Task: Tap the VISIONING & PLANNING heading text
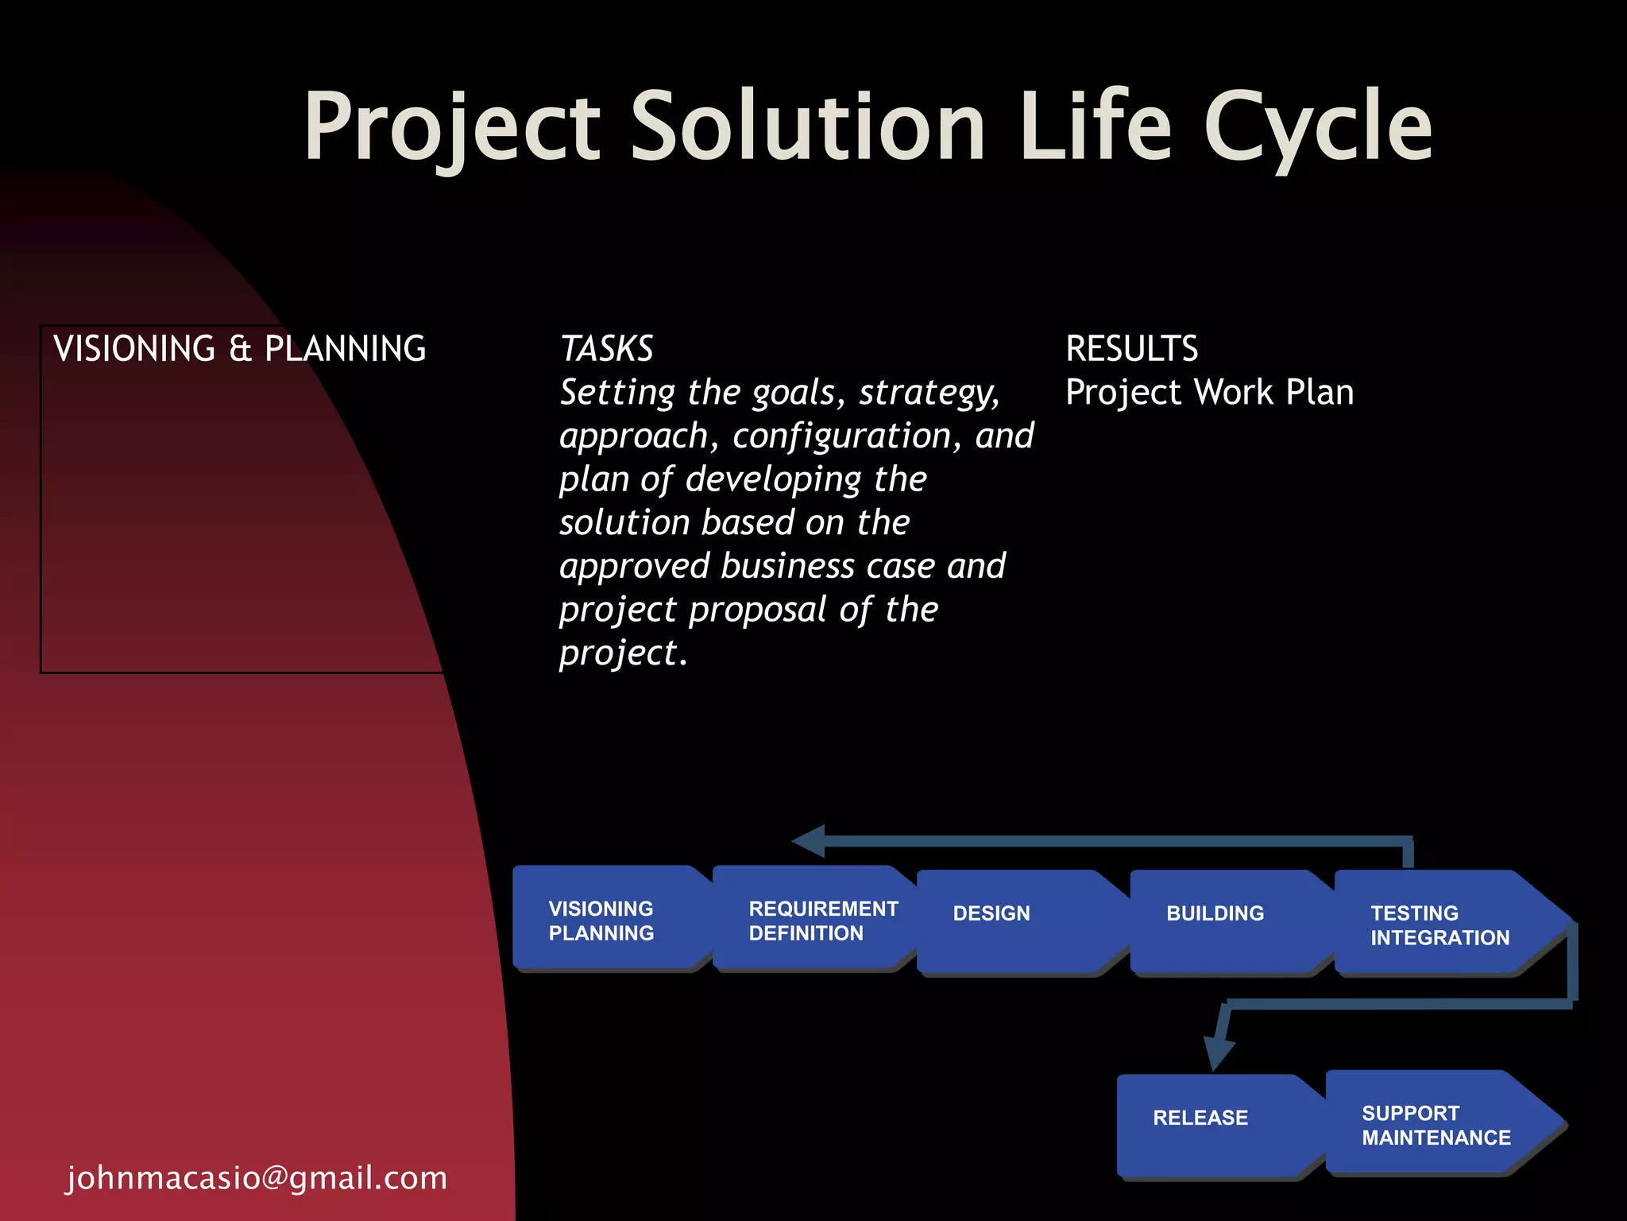click(239, 349)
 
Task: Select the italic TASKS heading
click(606, 349)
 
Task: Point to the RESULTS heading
click(1131, 349)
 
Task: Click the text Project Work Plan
click(1209, 393)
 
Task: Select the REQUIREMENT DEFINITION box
click(813, 920)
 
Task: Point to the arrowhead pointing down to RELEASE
click(1218, 1052)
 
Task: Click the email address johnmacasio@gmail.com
click(257, 1177)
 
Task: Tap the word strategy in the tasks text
click(927, 393)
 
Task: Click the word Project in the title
click(451, 127)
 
